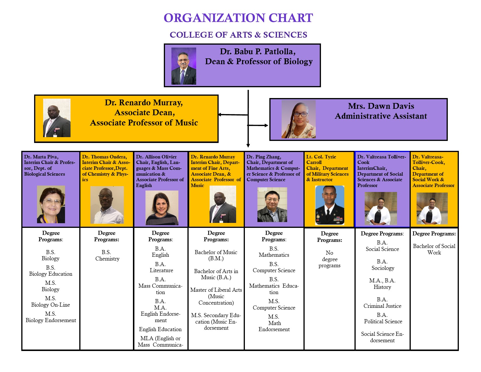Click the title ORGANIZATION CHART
pyautogui.click(x=238, y=18)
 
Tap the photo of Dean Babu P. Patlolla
pyautogui.click(x=184, y=66)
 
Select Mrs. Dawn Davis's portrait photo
pyautogui.click(x=299, y=119)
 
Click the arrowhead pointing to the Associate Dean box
pyautogui.click(x=220, y=115)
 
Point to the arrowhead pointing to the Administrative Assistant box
pyautogui.click(x=266, y=125)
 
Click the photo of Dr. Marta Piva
pyautogui.click(x=51, y=205)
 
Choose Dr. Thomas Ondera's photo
pyautogui.click(x=107, y=205)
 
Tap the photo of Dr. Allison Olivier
pyautogui.click(x=162, y=208)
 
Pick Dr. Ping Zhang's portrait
pyautogui.click(x=272, y=205)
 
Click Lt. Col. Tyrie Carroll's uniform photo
pyautogui.click(x=330, y=205)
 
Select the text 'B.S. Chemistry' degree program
pyautogui.click(x=107, y=256)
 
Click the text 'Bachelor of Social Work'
pyautogui.click(x=434, y=249)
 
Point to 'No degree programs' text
pyautogui.click(x=329, y=259)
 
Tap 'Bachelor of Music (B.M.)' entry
pyautogui.click(x=216, y=255)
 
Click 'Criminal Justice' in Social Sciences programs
pyautogui.click(x=382, y=306)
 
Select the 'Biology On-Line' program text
pyautogui.click(x=50, y=305)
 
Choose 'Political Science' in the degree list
pyautogui.click(x=383, y=322)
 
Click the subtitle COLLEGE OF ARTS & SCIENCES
pyautogui.click(x=238, y=35)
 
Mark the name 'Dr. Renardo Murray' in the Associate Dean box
pyautogui.click(x=144, y=103)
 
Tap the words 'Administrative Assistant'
pyautogui.click(x=381, y=116)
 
